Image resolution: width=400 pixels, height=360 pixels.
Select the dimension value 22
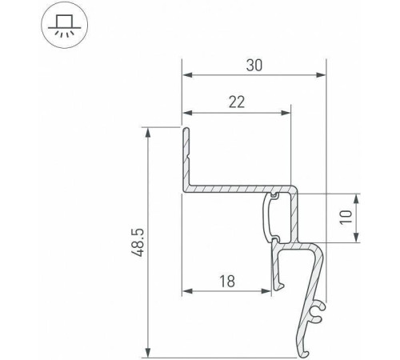[235, 102]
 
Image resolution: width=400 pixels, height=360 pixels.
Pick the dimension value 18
[226, 280]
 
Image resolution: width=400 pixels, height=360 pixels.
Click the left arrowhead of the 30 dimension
[186, 75]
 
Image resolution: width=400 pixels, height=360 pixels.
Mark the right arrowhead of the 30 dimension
[322, 75]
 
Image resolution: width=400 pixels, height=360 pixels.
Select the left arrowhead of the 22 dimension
[186, 113]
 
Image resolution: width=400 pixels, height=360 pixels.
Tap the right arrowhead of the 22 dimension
[286, 113]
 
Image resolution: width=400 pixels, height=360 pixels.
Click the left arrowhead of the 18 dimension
[186, 290]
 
